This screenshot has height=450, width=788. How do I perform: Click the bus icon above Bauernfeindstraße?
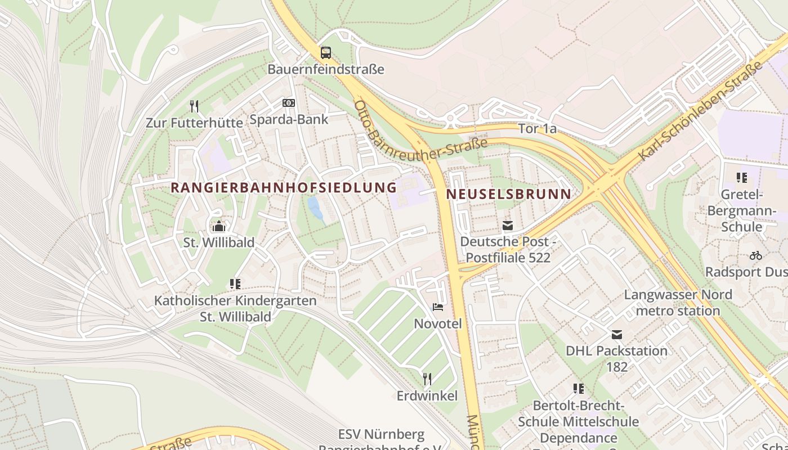click(325, 53)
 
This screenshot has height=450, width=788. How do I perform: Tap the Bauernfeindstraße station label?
click(325, 69)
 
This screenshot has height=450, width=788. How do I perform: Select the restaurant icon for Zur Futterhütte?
click(194, 106)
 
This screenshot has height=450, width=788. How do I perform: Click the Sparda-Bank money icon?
click(289, 103)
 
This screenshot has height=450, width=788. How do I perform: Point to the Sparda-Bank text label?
click(289, 119)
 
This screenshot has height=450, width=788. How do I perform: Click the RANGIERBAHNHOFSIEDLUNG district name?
click(284, 188)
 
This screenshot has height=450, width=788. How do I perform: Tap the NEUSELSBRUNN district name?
click(508, 194)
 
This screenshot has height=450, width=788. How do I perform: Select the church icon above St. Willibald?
click(219, 227)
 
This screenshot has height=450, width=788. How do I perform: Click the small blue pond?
click(315, 208)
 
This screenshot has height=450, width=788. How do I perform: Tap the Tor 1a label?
click(537, 129)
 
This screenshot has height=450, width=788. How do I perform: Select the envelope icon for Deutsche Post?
click(508, 226)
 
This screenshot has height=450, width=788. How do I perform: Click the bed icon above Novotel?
click(438, 307)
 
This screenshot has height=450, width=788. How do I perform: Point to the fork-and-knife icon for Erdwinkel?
click(427, 379)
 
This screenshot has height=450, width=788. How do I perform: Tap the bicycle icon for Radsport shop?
click(755, 255)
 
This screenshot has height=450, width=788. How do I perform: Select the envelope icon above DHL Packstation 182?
click(617, 335)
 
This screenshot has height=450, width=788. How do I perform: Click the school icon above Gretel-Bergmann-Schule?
click(742, 178)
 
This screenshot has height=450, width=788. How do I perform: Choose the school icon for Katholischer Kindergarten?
click(235, 284)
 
